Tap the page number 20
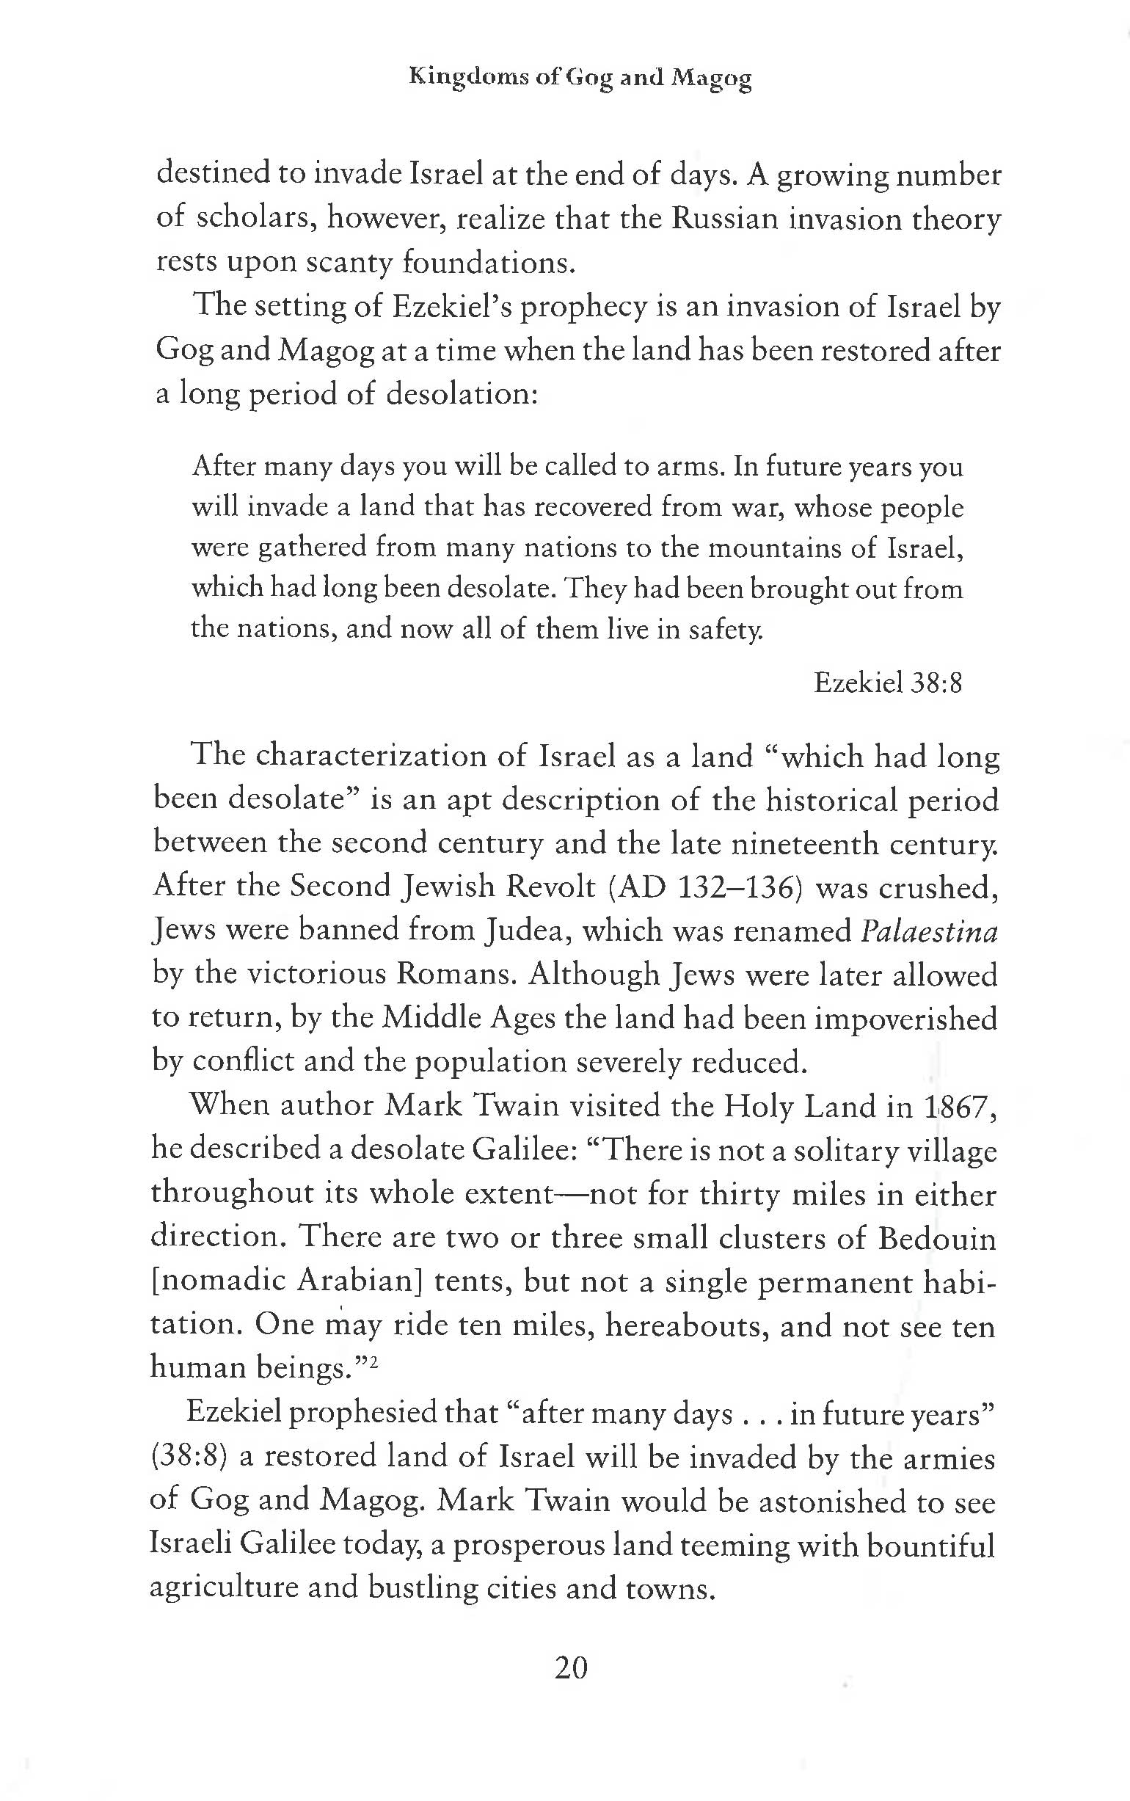pyautogui.click(x=571, y=1667)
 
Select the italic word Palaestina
pyautogui.click(x=929, y=931)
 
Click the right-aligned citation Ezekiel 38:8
pyautogui.click(x=887, y=683)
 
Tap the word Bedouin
pyautogui.click(x=936, y=1238)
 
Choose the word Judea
pyautogui.click(x=527, y=931)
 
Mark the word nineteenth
pyautogui.click(x=803, y=844)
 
